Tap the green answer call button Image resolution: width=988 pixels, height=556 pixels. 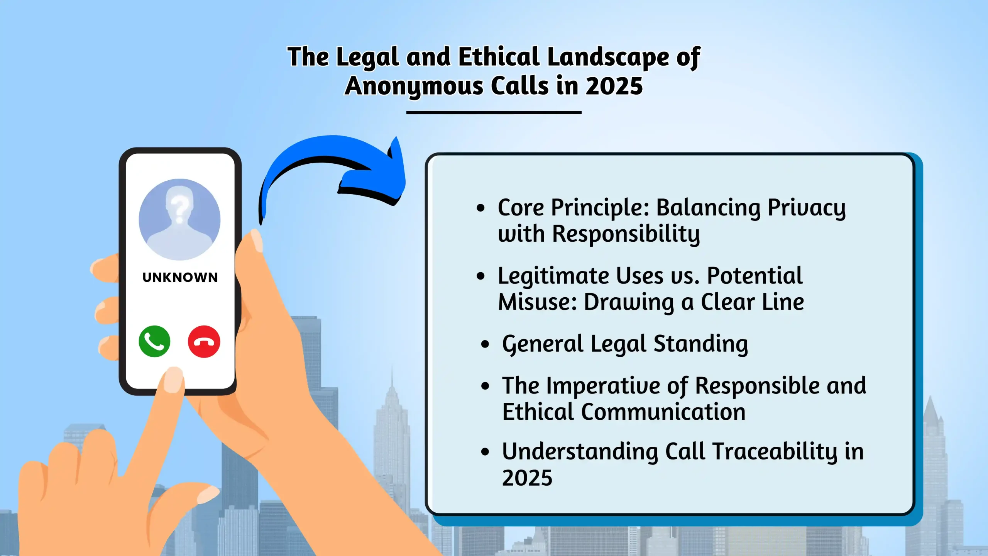pos(154,341)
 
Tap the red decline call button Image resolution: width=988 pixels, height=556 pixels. pos(204,341)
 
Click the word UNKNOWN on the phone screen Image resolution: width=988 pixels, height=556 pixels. pos(180,277)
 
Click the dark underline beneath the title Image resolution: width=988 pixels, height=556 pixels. pos(494,112)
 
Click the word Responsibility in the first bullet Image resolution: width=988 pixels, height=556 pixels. pos(626,234)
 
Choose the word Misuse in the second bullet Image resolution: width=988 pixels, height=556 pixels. pos(537,302)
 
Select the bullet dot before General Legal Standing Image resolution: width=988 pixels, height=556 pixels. pos(485,344)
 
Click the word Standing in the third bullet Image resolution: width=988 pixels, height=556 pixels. pos(701,344)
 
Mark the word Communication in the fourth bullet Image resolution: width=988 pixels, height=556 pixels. pos(663,412)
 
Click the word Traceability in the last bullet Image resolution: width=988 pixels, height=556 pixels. pos(775,452)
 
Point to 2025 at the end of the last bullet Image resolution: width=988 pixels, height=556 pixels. pos(527,478)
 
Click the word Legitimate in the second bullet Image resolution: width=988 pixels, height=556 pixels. pos(554,276)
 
